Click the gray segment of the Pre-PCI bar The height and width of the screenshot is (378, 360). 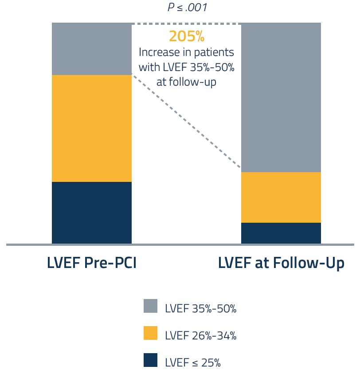click(x=92, y=49)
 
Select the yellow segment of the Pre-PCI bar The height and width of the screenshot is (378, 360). click(x=92, y=128)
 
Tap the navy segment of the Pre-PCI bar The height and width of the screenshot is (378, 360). click(x=92, y=213)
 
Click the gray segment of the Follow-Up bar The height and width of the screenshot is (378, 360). click(x=281, y=97)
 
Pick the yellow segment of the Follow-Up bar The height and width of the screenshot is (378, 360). click(x=281, y=197)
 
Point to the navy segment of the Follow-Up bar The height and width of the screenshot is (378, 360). click(x=281, y=233)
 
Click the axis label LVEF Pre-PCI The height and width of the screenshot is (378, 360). click(x=91, y=263)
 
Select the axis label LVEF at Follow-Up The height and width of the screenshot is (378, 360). click(x=281, y=263)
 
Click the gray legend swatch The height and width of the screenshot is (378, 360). click(x=151, y=306)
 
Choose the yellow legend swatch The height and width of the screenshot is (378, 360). click(x=151, y=333)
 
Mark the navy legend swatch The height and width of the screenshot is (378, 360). click(x=151, y=360)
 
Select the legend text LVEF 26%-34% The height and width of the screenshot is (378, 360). click(x=200, y=335)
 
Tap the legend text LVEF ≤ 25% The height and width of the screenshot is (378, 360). click(x=192, y=362)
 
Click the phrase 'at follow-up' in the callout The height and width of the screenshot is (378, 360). click(x=186, y=82)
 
